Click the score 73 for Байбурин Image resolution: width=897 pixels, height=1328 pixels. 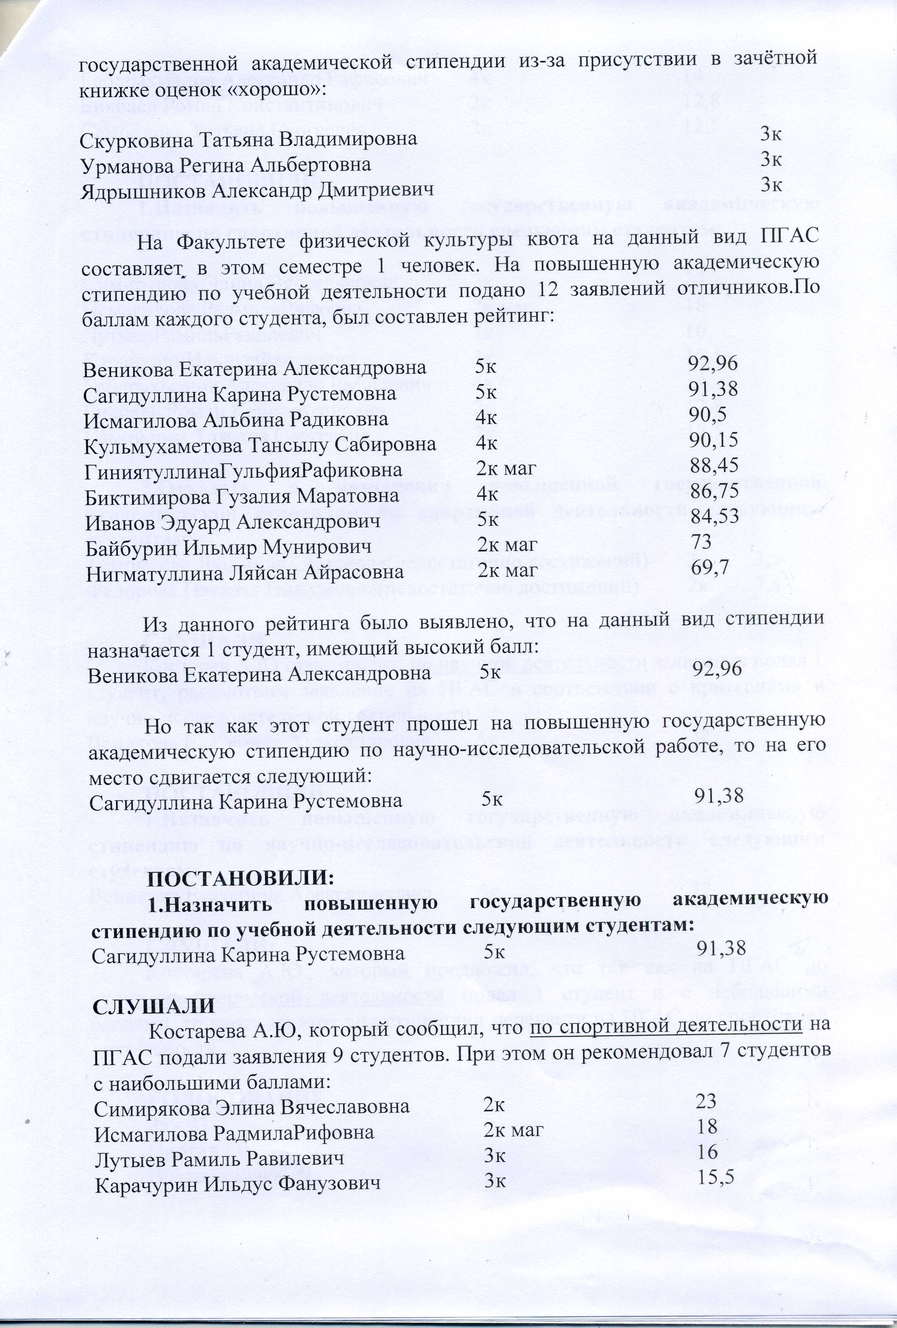click(701, 541)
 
